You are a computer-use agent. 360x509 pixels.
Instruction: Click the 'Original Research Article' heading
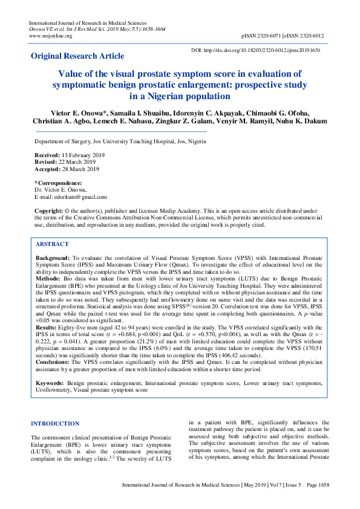click(77, 56)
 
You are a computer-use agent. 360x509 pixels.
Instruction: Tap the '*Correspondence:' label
click(57, 183)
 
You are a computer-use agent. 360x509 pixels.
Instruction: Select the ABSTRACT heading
click(52, 244)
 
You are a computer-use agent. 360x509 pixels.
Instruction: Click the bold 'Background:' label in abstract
click(53, 258)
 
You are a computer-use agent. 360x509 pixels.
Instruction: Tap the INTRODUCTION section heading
click(55, 424)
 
